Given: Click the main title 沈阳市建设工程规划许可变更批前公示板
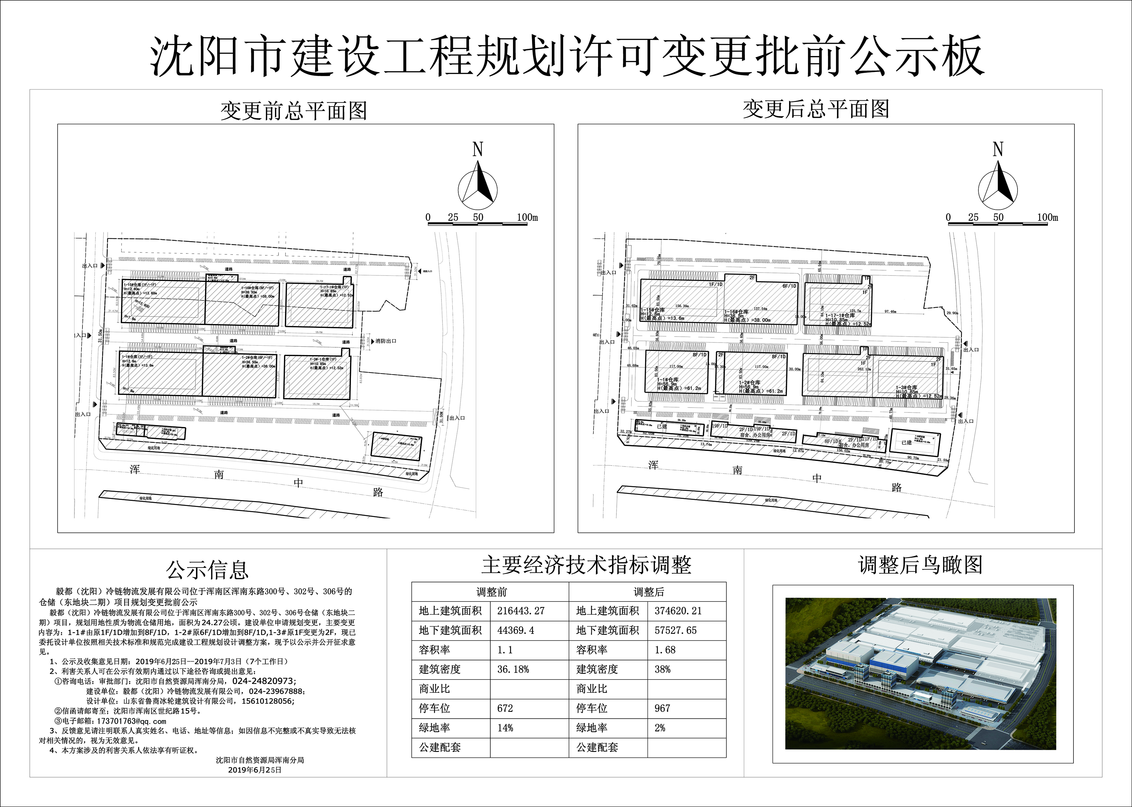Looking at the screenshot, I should [566, 56].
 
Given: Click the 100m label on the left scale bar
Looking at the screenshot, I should [527, 217].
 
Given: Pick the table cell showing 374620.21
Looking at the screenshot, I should [678, 611].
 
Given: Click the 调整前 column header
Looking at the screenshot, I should [491, 592].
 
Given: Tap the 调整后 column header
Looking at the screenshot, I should [648, 592].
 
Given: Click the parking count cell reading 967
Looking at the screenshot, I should [662, 708].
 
